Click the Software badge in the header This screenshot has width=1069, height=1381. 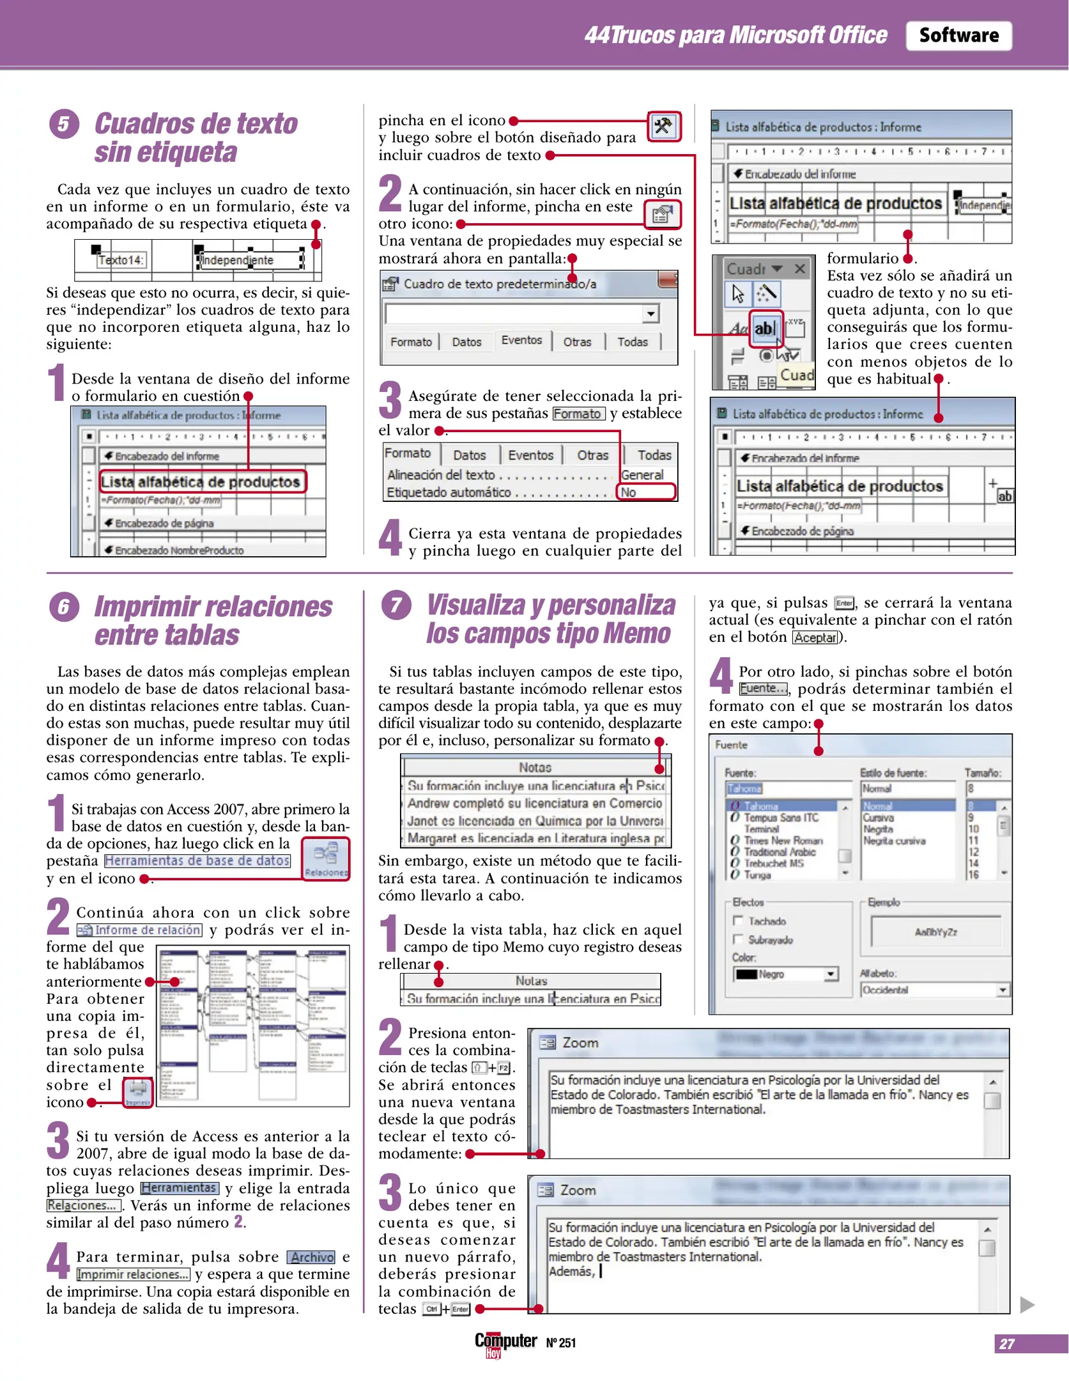click(958, 35)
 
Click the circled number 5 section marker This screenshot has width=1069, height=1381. click(64, 123)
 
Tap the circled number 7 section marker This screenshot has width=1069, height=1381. click(396, 605)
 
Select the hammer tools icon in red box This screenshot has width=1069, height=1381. click(664, 126)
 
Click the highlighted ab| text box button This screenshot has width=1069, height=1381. click(765, 329)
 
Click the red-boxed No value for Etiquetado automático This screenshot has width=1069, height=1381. click(645, 492)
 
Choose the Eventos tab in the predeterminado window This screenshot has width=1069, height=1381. click(521, 340)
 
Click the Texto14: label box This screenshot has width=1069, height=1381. click(121, 260)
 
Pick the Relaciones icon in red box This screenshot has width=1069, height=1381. click(326, 858)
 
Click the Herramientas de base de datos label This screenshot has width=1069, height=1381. click(197, 861)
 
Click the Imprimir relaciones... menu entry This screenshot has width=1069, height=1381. click(134, 1274)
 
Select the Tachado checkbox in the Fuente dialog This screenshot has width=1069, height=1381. click(738, 921)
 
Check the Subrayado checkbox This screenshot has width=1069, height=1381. click(738, 939)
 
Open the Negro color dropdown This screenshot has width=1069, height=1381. click(830, 974)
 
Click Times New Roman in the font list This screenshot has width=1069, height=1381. click(783, 840)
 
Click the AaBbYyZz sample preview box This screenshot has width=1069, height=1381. click(935, 932)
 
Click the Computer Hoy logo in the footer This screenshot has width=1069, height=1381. click(505, 1343)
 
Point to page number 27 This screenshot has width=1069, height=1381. click(1006, 1343)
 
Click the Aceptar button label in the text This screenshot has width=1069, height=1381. click(815, 637)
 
